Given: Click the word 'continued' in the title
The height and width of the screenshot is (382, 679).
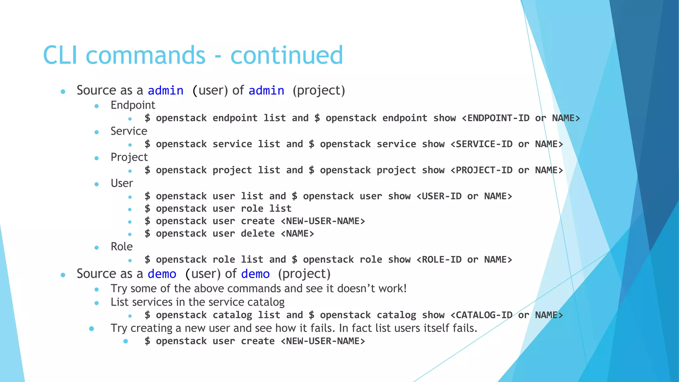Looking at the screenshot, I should point(286,55).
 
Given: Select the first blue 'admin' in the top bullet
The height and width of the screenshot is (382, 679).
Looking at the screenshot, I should point(165,91).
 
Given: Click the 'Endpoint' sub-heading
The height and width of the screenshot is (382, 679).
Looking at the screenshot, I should point(133,105).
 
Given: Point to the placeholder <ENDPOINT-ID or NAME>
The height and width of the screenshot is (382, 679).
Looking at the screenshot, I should point(521,118).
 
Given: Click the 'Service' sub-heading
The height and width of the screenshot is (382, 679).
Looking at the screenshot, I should point(129,131).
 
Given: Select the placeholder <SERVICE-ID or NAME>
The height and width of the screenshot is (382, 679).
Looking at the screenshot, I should point(507,144).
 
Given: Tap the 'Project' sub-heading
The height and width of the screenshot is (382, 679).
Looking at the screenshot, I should point(129,157).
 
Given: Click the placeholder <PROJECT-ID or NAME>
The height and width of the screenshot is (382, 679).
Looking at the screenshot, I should point(507,170).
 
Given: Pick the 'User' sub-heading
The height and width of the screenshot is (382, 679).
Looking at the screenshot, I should point(122,183).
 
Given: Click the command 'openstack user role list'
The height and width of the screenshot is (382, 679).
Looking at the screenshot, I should point(223,209).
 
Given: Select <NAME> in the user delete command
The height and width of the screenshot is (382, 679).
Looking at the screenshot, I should point(297,234).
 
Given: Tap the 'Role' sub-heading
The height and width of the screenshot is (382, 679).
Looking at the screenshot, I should point(121,247).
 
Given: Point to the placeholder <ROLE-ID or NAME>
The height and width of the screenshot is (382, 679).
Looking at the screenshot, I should point(464,260).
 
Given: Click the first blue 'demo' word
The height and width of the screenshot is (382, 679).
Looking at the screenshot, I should point(162,274).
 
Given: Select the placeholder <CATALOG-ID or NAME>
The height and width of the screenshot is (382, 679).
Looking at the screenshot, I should point(507,315).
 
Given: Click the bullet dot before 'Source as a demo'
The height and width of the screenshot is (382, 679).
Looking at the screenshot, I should point(63,275).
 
